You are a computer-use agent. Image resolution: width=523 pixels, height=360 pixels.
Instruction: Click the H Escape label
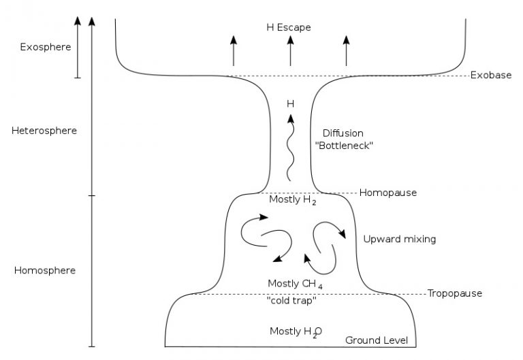(x=289, y=27)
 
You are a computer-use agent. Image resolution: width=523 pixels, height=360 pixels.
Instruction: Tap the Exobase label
(x=490, y=75)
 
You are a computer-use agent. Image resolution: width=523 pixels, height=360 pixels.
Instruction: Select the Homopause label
(x=387, y=193)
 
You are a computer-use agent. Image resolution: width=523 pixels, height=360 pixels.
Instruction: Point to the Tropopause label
(x=454, y=293)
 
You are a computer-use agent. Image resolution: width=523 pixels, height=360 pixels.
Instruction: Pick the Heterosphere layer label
(x=44, y=131)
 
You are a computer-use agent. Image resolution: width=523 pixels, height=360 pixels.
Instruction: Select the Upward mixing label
(x=399, y=239)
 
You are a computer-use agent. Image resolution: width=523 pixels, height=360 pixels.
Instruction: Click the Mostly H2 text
(x=293, y=201)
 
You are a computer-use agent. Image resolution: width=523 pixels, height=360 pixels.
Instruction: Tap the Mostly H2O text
(x=296, y=331)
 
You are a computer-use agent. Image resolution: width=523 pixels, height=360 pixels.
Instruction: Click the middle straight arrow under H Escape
(x=291, y=50)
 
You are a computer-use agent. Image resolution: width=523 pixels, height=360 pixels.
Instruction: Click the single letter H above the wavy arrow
(x=290, y=104)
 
